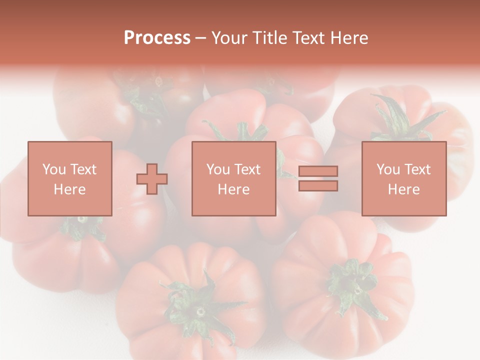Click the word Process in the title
click(x=157, y=38)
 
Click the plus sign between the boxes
click(x=152, y=179)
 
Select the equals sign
click(x=318, y=178)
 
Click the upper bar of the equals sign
click(x=318, y=171)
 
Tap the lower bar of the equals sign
click(x=318, y=185)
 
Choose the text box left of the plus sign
click(x=69, y=178)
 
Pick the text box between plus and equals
click(x=233, y=178)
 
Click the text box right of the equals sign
click(x=403, y=178)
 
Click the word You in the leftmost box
click(x=54, y=169)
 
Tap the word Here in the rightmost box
click(x=403, y=189)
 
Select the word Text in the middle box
click(x=247, y=169)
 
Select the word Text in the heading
click(x=306, y=38)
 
